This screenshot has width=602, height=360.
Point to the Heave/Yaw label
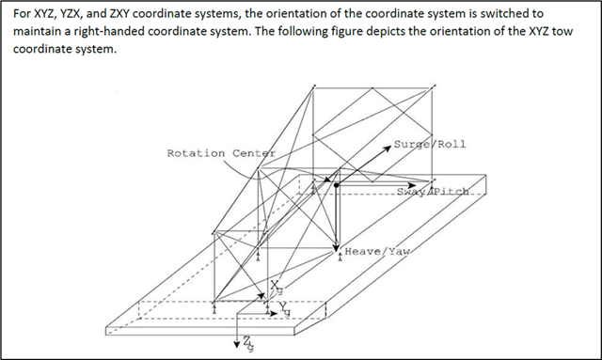(x=378, y=252)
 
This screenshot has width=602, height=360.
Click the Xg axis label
(x=276, y=286)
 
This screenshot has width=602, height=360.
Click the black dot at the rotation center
(x=337, y=186)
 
